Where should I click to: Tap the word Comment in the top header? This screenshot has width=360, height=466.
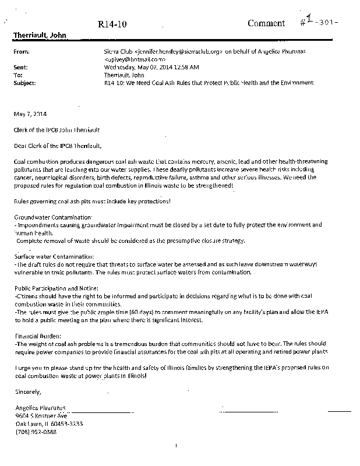[266, 23]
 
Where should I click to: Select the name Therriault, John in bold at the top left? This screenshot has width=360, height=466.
[40, 36]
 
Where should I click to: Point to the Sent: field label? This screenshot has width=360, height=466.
[20, 68]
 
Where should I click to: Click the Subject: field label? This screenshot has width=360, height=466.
[24, 83]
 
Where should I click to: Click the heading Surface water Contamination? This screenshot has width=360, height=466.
[54, 256]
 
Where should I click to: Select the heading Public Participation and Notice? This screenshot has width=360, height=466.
[57, 288]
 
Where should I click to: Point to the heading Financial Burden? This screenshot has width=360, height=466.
[37, 336]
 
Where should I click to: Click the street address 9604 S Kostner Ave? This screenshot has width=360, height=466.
[42, 416]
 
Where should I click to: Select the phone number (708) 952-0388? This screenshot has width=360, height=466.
[36, 432]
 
